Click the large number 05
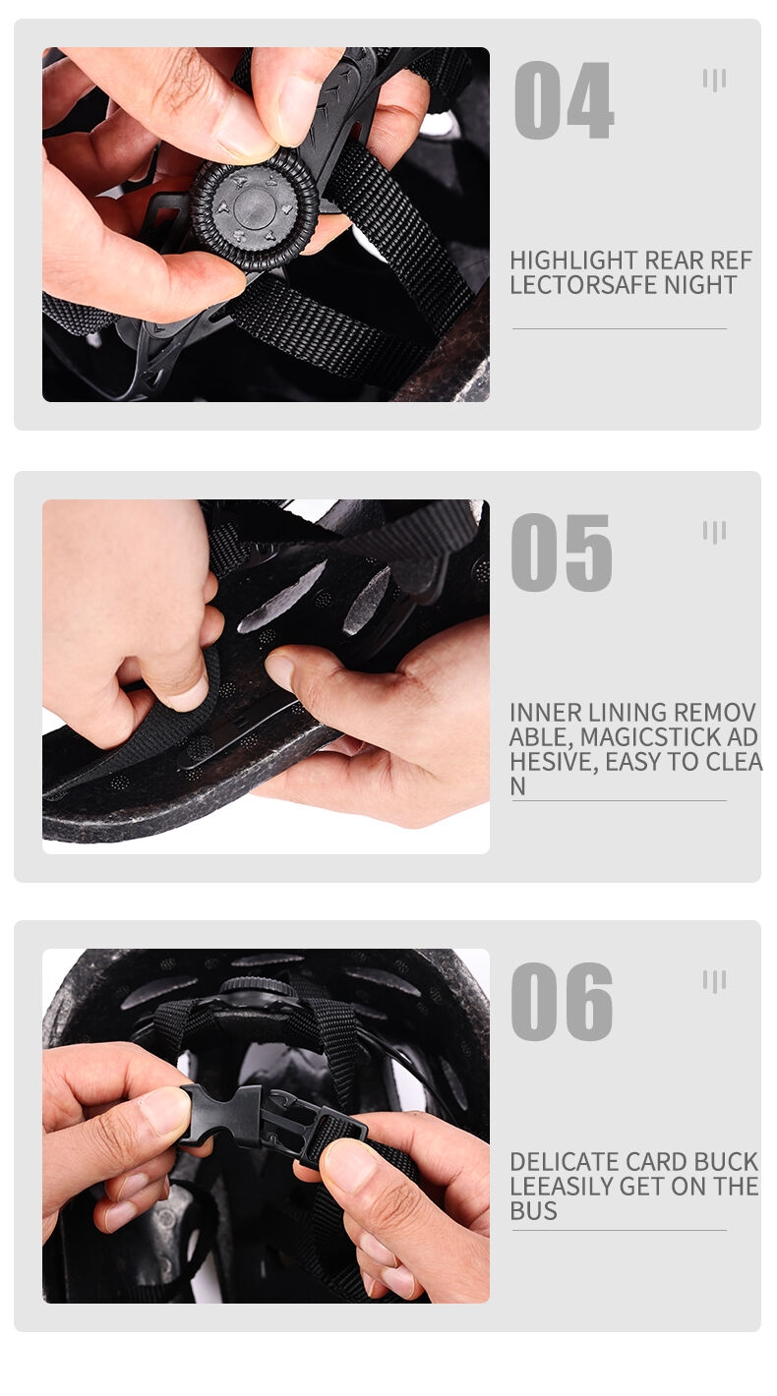(x=562, y=553)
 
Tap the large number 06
(x=562, y=1002)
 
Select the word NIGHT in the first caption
(x=700, y=285)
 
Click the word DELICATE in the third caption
(x=565, y=1162)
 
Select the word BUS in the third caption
(x=534, y=1211)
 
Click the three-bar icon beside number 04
(x=715, y=81)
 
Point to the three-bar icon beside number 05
(x=715, y=533)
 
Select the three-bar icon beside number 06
(x=715, y=981)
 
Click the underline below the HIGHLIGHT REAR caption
(x=620, y=328)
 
